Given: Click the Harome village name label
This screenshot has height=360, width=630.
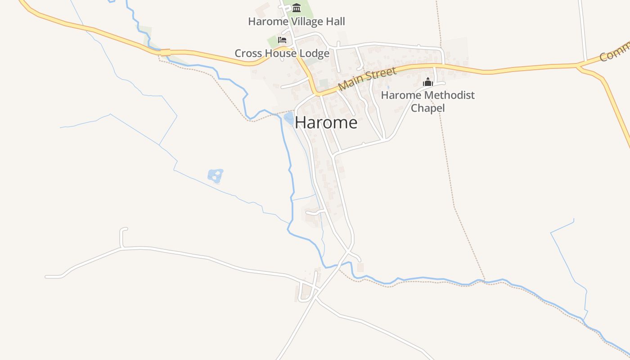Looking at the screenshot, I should click(x=326, y=122).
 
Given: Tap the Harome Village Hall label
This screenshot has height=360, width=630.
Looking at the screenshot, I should click(x=297, y=21).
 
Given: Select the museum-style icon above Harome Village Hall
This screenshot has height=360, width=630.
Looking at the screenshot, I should click(x=297, y=8).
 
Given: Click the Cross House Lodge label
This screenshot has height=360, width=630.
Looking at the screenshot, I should click(x=282, y=54).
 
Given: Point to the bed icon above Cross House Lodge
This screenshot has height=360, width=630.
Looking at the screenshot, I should click(x=282, y=40).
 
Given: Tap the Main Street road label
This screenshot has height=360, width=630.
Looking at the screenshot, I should click(x=367, y=78).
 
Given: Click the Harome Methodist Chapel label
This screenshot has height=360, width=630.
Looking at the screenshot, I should click(x=428, y=101).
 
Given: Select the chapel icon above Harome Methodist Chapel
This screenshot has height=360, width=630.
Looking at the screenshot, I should click(x=427, y=82).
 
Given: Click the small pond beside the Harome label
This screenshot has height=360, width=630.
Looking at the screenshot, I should click(x=289, y=118).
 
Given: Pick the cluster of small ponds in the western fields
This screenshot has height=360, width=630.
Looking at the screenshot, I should click(x=216, y=175).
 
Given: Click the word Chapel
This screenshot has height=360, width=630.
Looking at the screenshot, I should click(x=428, y=108).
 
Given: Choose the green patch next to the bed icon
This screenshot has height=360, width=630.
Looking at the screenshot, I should click(x=273, y=42).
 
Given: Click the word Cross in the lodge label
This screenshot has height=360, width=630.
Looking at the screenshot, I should click(x=247, y=54).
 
